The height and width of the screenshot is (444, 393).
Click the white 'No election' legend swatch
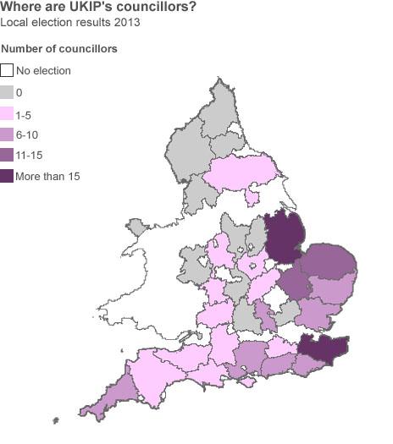tap(8, 71)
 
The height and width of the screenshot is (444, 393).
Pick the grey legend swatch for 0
tap(8, 92)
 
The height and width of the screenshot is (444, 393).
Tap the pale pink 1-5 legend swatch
tap(8, 113)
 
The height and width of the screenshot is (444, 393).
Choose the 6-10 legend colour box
tap(8, 134)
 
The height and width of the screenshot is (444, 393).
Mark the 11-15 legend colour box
tap(8, 156)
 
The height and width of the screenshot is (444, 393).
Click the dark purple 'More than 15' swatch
tap(8, 177)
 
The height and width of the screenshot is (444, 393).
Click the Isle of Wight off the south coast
tap(248, 382)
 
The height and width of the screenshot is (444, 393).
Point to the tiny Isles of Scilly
tap(56, 419)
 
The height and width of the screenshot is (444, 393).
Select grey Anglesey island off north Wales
tap(136, 227)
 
